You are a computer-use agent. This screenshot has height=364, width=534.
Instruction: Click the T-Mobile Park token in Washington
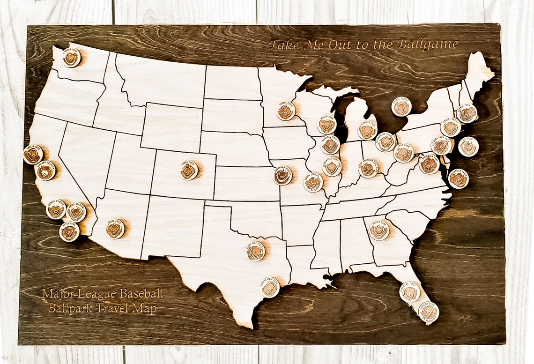point(71,58)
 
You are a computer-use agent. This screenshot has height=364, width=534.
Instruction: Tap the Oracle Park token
point(33,155)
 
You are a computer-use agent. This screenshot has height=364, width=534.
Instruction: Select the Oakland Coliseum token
point(46,171)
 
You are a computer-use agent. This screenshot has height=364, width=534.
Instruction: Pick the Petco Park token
point(69,232)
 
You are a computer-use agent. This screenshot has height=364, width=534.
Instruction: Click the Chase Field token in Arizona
point(115,229)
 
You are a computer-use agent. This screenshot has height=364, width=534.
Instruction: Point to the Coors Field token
point(189,171)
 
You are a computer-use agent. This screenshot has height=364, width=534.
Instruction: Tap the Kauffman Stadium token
point(283,176)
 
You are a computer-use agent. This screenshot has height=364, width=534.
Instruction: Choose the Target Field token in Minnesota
point(286,111)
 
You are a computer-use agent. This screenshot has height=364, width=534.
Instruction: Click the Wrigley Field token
point(330,145)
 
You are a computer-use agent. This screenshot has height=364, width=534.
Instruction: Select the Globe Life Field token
point(256,251)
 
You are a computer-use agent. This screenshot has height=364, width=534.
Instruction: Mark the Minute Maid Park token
point(270,287)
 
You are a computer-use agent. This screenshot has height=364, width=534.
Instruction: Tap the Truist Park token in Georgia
point(378,230)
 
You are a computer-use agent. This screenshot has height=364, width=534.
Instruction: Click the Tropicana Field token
point(409,292)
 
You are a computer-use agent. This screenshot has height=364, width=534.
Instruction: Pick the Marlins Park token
point(428,312)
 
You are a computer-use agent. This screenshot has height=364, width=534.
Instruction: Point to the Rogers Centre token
point(401,107)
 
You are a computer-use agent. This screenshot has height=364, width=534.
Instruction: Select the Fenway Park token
point(467,114)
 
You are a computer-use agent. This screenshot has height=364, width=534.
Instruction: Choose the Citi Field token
point(468,147)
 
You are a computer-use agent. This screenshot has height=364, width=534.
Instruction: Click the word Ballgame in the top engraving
point(427,45)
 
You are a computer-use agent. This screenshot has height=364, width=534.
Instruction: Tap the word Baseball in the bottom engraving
point(141,294)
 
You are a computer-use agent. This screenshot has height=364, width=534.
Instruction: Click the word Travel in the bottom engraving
point(112,308)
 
